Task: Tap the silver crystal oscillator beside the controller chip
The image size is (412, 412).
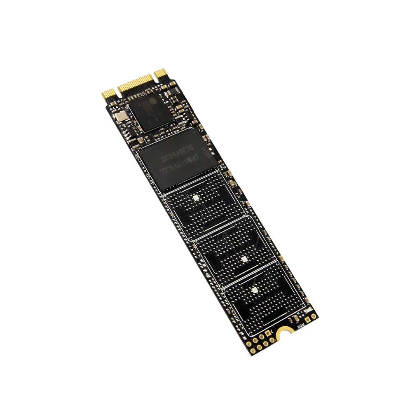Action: (120, 117)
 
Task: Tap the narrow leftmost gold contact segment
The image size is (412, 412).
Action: (107, 95)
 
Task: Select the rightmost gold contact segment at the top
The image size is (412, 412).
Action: (160, 74)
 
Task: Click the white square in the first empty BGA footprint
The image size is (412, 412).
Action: (196, 198)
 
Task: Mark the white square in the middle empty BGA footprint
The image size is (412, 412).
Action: (243, 259)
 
